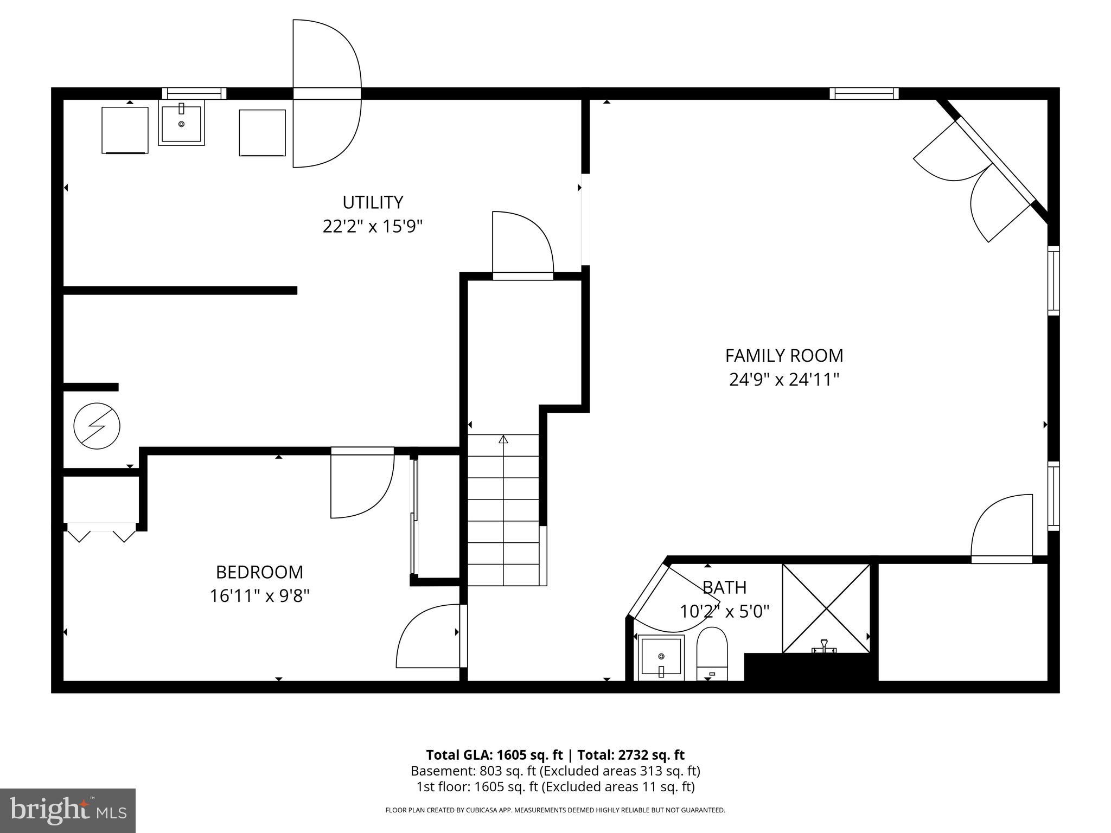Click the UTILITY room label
pos(373,202)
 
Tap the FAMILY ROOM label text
pos(784,356)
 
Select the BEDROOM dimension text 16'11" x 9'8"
pos(259,596)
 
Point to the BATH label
pos(724,587)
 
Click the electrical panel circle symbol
pos(97,426)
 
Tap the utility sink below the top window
pos(181,124)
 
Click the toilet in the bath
pos(712,653)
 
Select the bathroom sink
pos(661,657)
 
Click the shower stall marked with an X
pos(826,608)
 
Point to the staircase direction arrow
pos(503,439)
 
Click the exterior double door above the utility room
pos(327,93)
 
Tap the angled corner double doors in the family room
pos(976,179)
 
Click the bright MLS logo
pos(67,810)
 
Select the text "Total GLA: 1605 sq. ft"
pos(494,755)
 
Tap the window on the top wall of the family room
pos(864,93)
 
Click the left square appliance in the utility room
pos(125,130)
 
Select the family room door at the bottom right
pos(1001,529)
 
